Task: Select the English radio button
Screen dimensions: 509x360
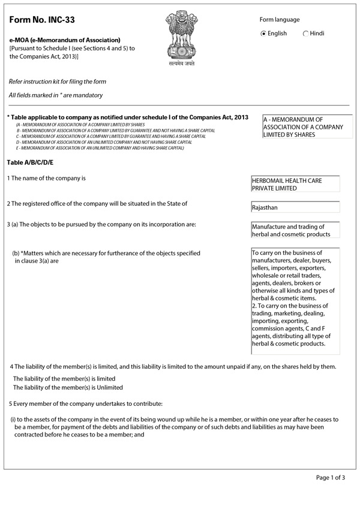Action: coord(263,34)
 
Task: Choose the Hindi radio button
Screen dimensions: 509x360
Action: coord(306,34)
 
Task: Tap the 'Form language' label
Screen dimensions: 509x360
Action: coord(279,20)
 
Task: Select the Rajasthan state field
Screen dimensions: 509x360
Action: coord(295,207)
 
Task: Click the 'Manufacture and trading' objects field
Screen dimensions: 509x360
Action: coord(295,230)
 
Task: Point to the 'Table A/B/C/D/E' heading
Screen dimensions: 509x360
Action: coord(30,162)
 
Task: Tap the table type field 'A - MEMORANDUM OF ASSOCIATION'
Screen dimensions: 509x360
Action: coord(307,127)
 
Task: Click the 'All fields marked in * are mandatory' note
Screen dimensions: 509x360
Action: coord(56,95)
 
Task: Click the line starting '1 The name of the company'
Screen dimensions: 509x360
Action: coord(47,179)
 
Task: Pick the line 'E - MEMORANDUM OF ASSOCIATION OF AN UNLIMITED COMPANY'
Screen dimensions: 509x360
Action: coord(100,147)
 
